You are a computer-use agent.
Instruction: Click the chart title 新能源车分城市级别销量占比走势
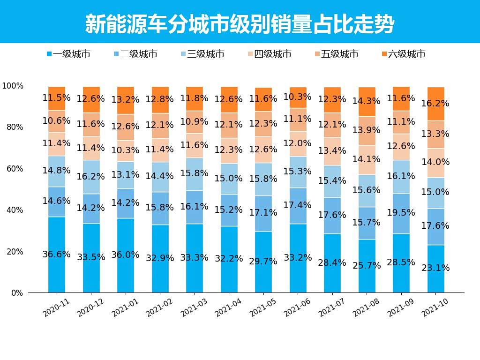(x=240, y=24)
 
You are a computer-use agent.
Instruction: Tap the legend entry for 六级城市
(x=404, y=54)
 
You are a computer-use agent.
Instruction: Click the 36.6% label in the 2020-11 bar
(x=57, y=255)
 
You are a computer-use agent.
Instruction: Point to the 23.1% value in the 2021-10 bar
(x=435, y=268)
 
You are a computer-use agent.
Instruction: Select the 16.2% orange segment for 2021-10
(x=435, y=104)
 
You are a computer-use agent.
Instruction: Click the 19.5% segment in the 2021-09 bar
(x=401, y=213)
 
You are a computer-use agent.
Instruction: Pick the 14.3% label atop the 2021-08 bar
(x=367, y=101)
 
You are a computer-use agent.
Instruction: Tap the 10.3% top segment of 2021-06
(x=298, y=97)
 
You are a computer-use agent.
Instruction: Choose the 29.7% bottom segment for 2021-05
(x=263, y=262)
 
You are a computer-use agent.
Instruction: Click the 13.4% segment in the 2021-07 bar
(x=332, y=151)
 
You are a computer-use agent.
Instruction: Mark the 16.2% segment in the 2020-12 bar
(x=91, y=177)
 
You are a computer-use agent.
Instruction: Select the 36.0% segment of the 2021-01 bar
(x=126, y=255)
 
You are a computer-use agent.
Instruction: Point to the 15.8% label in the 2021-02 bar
(x=160, y=207)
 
